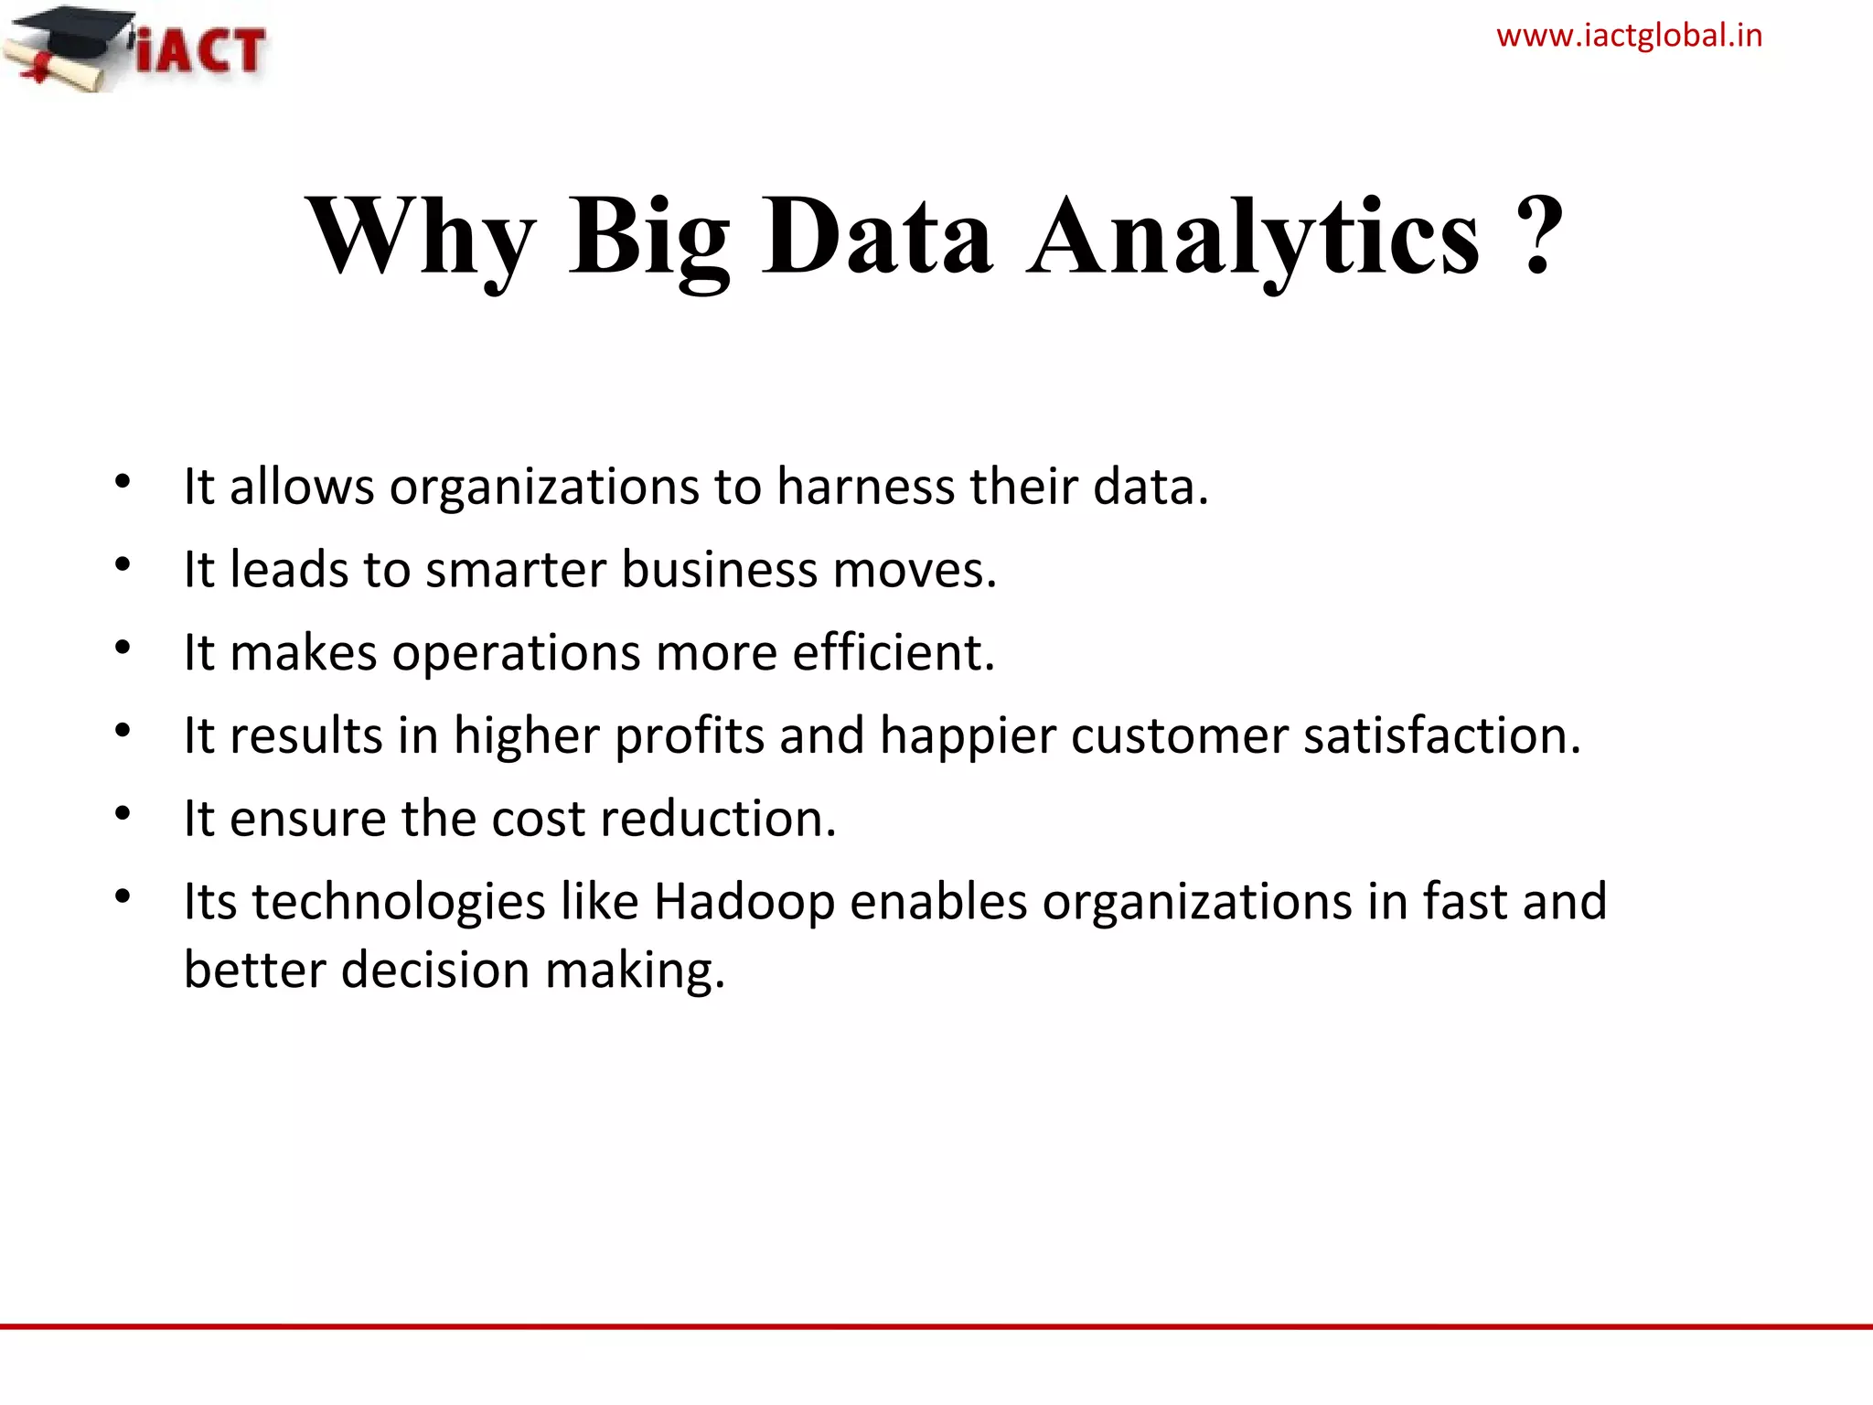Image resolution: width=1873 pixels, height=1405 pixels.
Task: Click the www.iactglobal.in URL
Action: click(1629, 37)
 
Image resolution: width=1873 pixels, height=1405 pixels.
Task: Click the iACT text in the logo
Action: click(201, 49)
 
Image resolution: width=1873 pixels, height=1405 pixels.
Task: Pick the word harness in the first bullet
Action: click(865, 487)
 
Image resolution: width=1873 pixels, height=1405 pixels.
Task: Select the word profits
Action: click(689, 736)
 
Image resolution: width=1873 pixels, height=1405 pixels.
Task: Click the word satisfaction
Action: click(1441, 736)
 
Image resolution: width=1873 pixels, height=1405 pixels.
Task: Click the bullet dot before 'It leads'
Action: click(123, 564)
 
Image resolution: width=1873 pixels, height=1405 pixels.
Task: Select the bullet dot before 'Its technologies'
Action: click(123, 896)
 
